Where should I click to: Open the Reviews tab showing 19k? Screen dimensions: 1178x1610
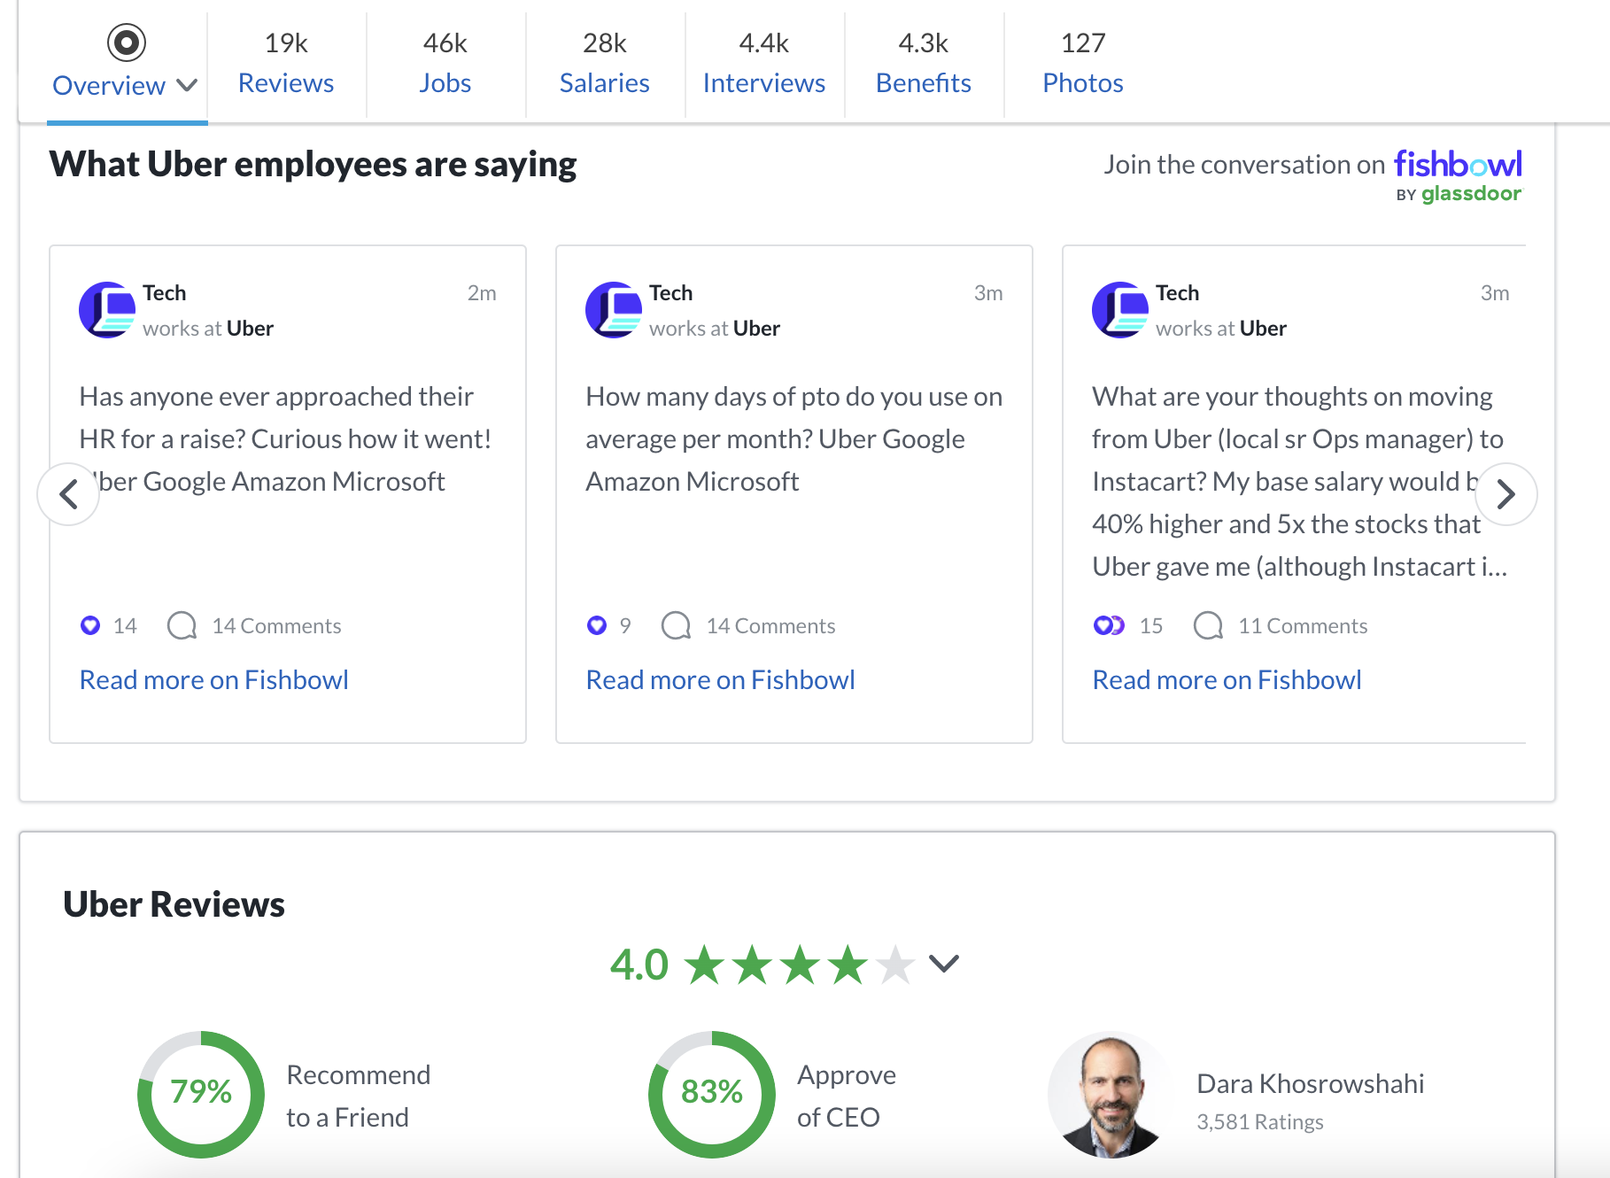pyautogui.click(x=285, y=64)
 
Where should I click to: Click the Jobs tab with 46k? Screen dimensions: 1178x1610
pyautogui.click(x=445, y=64)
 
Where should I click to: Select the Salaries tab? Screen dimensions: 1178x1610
pyautogui.click(x=604, y=64)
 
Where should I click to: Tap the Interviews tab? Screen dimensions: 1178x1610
pyautogui.click(x=763, y=64)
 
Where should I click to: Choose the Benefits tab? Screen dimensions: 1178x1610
pyautogui.click(x=923, y=64)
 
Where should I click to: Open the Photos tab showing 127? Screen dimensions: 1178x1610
pyautogui.click(x=1082, y=64)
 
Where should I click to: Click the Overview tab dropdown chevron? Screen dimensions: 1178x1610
pyautogui.click(x=187, y=85)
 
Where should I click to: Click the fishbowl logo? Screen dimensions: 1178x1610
pyautogui.click(x=1457, y=165)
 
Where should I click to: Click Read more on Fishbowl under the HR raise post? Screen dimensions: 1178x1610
pyautogui.click(x=213, y=679)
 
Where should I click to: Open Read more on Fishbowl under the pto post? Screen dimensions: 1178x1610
pyautogui.click(x=720, y=679)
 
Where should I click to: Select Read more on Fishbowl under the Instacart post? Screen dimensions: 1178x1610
pyautogui.click(x=1227, y=679)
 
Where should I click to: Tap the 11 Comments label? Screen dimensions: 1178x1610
pyautogui.click(x=1302, y=626)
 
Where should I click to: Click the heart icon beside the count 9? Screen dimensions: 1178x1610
pyautogui.click(x=597, y=626)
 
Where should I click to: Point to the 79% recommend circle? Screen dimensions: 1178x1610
pyautogui.click(x=201, y=1094)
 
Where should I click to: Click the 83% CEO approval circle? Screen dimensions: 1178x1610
pyautogui.click(x=712, y=1094)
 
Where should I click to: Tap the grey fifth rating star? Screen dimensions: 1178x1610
pyautogui.click(x=895, y=965)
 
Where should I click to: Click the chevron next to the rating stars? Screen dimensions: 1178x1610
pyautogui.click(x=944, y=964)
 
